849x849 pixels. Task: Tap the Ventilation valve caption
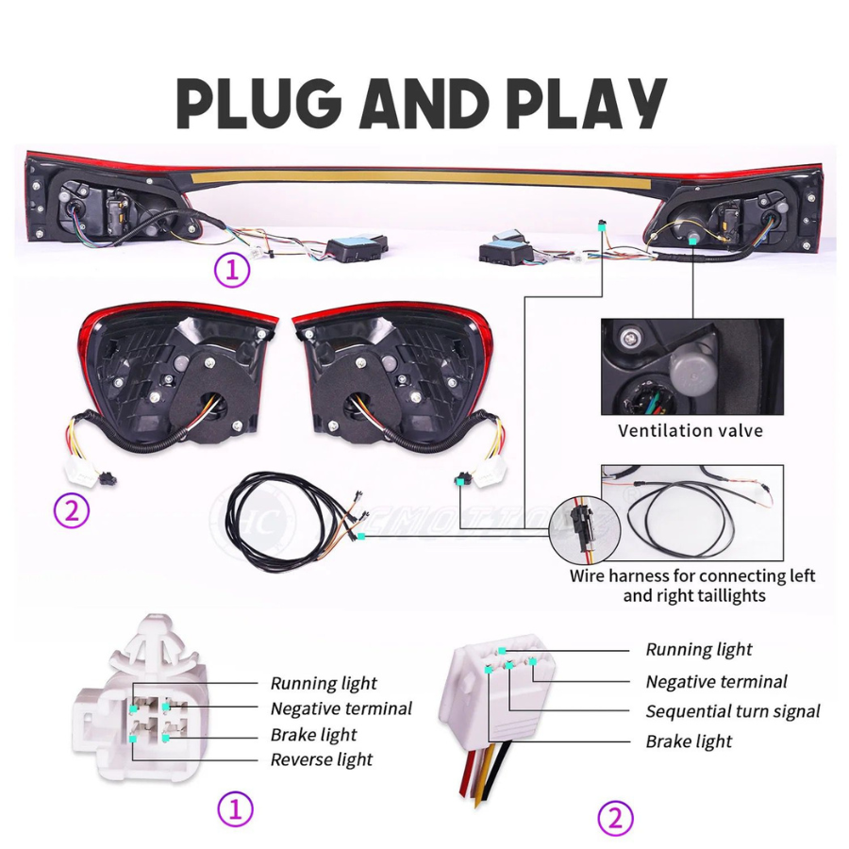[691, 431]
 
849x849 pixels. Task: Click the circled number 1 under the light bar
[232, 270]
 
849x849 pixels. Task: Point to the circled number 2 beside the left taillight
[72, 510]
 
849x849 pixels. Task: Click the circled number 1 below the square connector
[235, 809]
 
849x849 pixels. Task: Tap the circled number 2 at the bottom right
[615, 818]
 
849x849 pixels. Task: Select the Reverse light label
[322, 759]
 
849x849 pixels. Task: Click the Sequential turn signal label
[733, 711]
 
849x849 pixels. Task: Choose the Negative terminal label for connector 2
[716, 682]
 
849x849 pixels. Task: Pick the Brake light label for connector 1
[313, 735]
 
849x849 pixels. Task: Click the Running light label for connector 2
[699, 650]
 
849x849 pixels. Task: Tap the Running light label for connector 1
[324, 683]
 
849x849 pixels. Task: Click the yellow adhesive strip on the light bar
[417, 177]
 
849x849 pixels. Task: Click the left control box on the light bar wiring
[357, 247]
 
